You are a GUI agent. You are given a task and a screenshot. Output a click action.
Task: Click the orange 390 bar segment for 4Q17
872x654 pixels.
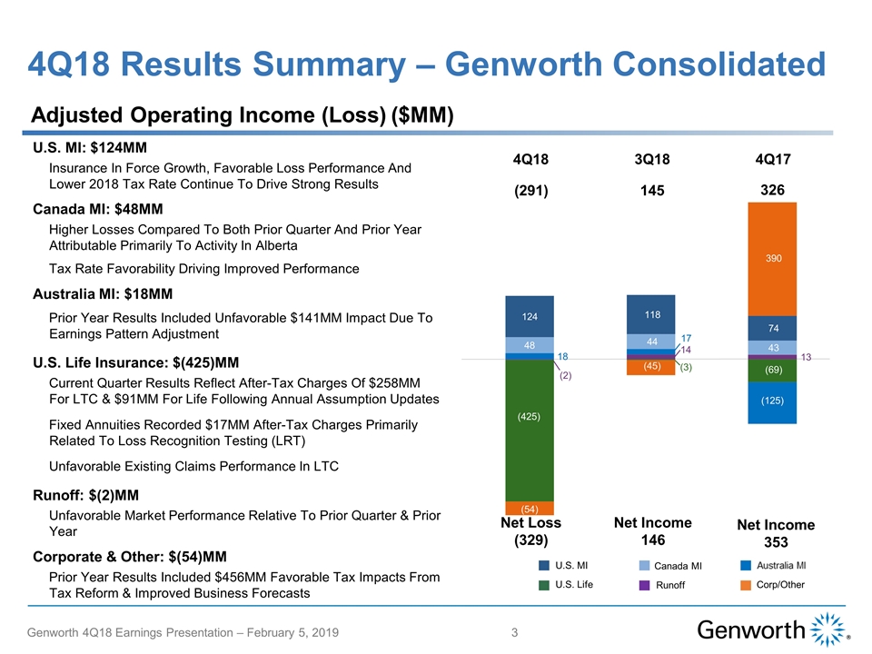[771, 258]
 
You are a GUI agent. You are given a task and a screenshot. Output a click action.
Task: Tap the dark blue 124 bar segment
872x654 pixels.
[530, 316]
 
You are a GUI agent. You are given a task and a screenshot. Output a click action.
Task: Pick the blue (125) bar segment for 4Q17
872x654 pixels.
[771, 401]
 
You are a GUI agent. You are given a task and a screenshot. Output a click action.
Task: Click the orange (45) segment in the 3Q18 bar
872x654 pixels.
[650, 367]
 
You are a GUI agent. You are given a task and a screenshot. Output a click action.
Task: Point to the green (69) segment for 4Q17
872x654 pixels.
[771, 371]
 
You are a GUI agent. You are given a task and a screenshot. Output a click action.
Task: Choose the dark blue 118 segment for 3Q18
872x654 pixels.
[650, 314]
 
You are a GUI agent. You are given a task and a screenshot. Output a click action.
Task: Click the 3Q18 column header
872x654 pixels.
[651, 160]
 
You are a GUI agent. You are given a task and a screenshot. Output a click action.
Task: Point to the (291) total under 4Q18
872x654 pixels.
[530, 193]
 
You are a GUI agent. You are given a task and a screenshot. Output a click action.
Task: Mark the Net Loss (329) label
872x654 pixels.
[530, 531]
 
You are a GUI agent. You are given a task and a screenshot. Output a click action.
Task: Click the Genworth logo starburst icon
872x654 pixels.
[826, 629]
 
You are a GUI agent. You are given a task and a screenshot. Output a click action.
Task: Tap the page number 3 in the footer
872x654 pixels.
[514, 633]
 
